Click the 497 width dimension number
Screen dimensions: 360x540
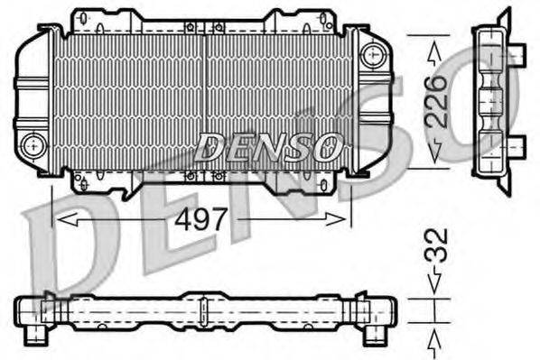coord(202,218)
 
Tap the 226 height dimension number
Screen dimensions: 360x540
coord(435,100)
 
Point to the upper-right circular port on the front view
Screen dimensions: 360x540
coord(370,55)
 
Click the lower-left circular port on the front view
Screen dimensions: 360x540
coord(34,143)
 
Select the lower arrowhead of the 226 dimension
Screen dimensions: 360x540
coord(435,159)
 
